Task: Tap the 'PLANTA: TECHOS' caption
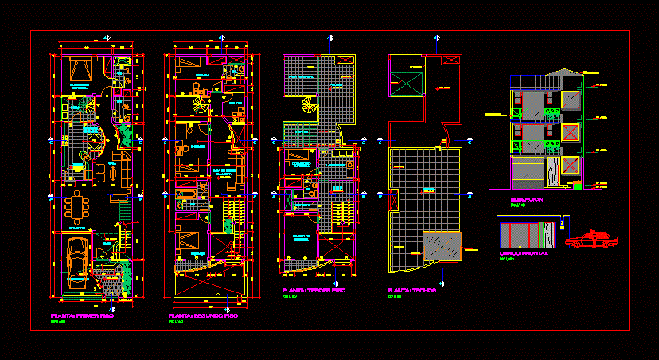tap(411, 290)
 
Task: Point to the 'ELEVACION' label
tap(527, 200)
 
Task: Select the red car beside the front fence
tap(591, 239)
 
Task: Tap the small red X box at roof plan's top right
tap(450, 60)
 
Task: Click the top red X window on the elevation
tap(571, 98)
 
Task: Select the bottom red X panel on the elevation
tap(571, 166)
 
